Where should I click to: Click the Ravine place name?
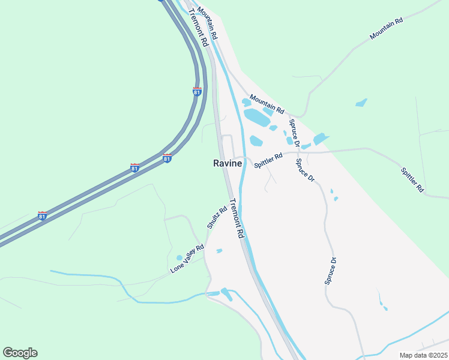228,163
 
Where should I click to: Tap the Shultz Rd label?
217,217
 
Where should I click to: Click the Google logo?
20,353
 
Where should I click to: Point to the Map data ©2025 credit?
423,355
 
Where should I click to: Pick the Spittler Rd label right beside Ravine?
268,160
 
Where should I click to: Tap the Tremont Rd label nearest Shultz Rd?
238,219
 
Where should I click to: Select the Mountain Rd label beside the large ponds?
267,104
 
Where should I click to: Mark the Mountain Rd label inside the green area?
386,29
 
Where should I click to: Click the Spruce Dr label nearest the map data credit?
331,271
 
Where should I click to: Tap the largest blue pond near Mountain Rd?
258,117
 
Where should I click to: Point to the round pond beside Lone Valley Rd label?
179,258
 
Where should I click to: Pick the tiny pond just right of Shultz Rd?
219,250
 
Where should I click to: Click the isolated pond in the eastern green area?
361,103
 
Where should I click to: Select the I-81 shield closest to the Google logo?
42,215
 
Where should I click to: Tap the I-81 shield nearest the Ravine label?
167,158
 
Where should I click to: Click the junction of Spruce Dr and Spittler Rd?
297,154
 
